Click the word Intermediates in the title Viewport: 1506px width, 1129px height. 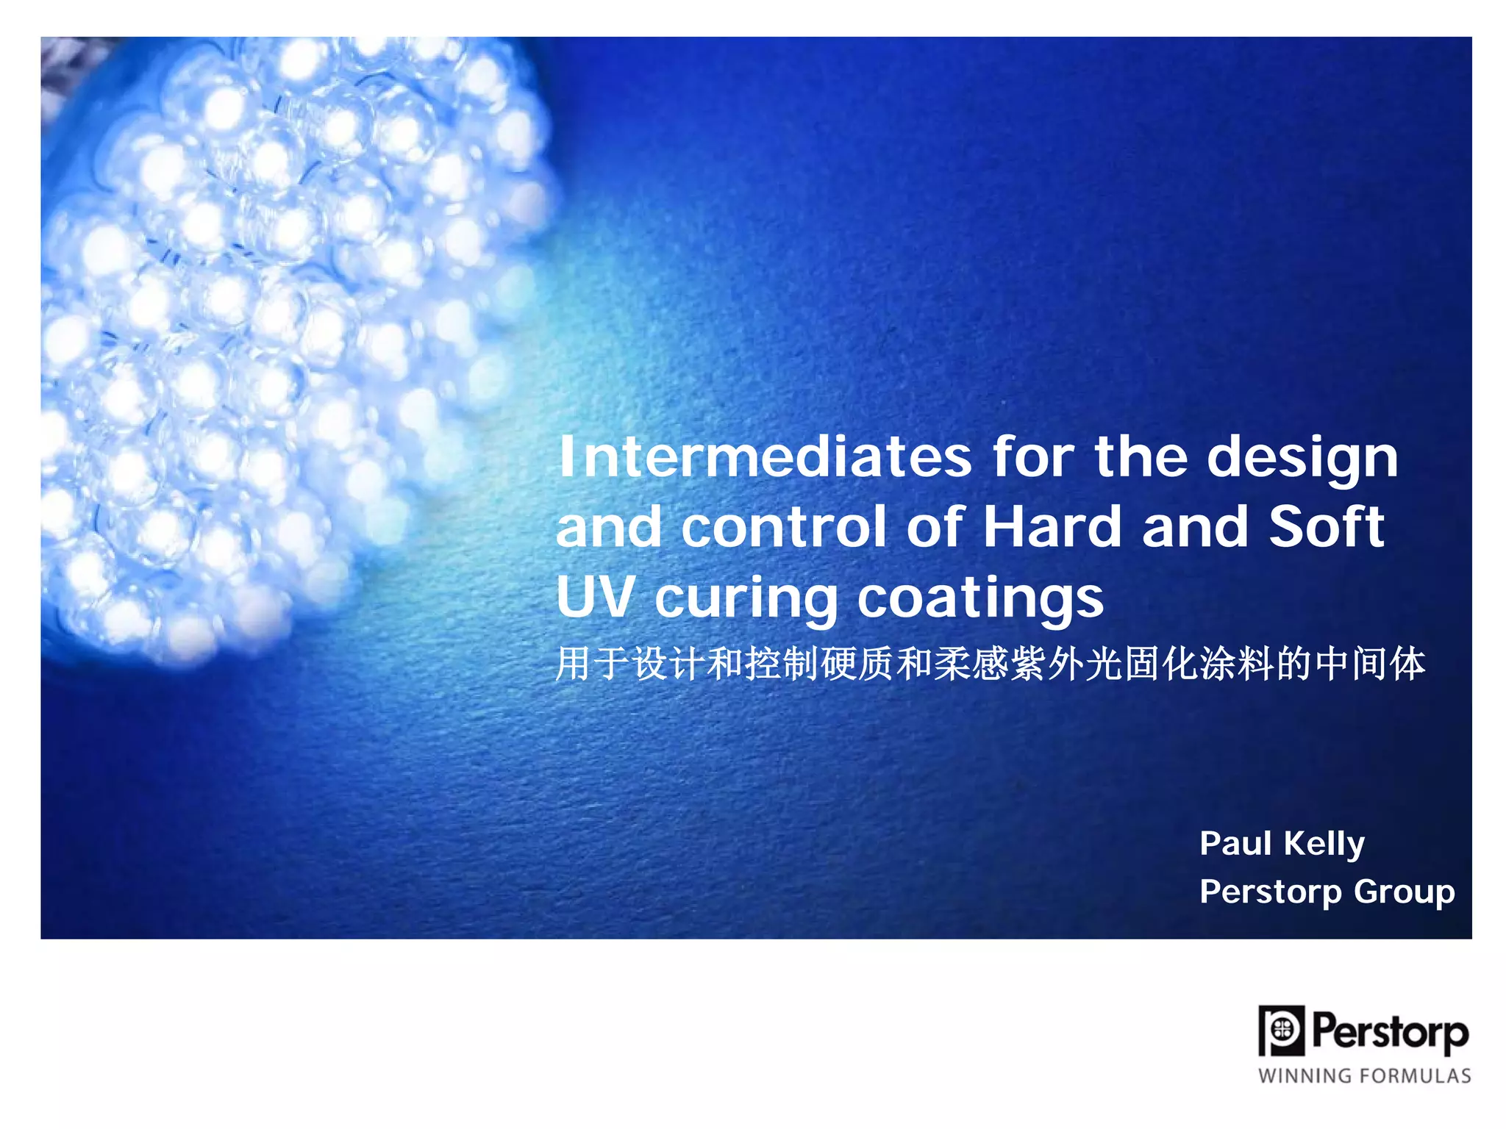coord(765,457)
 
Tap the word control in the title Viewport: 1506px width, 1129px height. coord(784,527)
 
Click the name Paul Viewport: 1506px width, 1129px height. coord(1235,843)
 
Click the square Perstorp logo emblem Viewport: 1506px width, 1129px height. coord(1282,1031)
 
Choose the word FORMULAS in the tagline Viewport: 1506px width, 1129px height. coord(1416,1076)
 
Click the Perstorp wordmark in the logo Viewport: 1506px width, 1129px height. coord(1390,1032)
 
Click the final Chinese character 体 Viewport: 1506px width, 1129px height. coord(1407,664)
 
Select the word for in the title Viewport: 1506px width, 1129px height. coord(1033,457)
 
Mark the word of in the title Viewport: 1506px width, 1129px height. coord(934,527)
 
